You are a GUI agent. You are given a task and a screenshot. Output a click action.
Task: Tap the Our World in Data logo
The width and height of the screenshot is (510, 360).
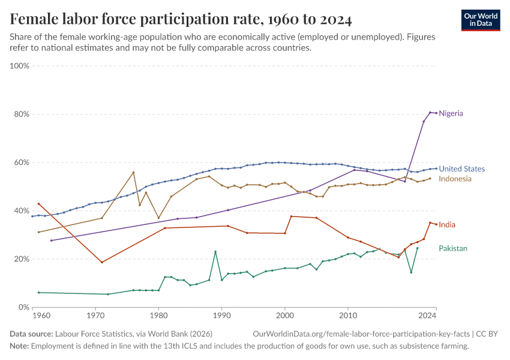pyautogui.click(x=480, y=20)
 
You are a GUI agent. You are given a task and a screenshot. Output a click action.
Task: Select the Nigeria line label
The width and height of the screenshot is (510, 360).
pyautogui.click(x=451, y=113)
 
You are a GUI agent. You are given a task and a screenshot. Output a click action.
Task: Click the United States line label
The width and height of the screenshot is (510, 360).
pyautogui.click(x=461, y=169)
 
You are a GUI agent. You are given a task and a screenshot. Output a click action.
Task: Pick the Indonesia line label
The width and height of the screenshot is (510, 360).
pyautogui.click(x=455, y=179)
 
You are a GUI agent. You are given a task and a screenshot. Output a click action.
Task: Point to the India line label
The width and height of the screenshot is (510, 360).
pyautogui.click(x=446, y=224)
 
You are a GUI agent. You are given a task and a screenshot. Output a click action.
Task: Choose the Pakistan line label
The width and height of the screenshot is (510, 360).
pyautogui.click(x=452, y=248)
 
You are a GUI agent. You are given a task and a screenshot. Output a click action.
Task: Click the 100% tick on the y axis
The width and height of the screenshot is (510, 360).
pyautogui.click(x=20, y=66)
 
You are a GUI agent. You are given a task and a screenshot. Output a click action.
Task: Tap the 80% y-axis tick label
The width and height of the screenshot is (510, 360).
pyautogui.click(x=22, y=114)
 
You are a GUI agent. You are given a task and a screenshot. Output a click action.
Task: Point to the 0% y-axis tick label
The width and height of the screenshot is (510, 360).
pyautogui.click(x=24, y=307)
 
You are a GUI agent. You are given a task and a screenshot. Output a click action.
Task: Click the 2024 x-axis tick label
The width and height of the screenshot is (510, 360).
pyautogui.click(x=427, y=315)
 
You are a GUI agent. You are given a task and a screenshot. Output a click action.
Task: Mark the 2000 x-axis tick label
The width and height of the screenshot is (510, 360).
pyautogui.click(x=285, y=315)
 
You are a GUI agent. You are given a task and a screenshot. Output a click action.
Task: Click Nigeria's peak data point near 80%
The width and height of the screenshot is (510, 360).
pyautogui.click(x=430, y=112)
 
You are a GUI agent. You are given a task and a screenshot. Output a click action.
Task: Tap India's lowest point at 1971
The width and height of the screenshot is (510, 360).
pyautogui.click(x=102, y=262)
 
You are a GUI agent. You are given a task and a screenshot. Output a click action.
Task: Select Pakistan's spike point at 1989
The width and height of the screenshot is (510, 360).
pyautogui.click(x=215, y=251)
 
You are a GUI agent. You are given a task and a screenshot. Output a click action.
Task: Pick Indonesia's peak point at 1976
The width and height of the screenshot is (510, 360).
pyautogui.click(x=133, y=172)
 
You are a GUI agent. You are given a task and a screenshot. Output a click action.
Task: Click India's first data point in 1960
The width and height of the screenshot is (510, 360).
pyautogui.click(x=38, y=204)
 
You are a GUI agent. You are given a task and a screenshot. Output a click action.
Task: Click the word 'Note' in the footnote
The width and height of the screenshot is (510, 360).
pyautogui.click(x=19, y=346)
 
